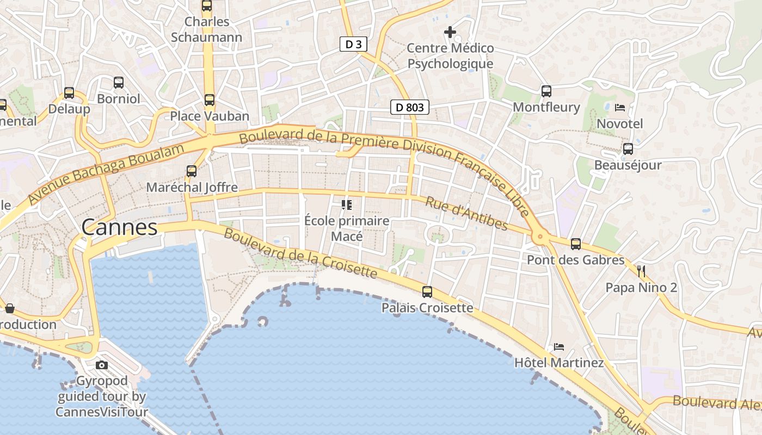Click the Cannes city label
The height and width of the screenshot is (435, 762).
120,227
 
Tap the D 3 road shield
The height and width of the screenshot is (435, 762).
353,45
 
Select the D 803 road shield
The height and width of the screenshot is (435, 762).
410,107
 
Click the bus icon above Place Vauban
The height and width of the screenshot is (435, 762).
210,100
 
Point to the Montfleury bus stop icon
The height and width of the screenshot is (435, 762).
546,91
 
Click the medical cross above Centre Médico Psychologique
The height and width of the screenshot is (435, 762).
450,32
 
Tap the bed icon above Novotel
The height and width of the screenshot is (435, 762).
619,108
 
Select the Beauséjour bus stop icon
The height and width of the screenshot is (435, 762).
628,148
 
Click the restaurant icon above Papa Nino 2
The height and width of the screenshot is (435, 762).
641,270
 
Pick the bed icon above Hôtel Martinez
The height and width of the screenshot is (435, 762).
559,346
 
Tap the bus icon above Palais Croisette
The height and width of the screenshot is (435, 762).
427,291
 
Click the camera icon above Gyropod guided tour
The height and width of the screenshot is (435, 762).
102,365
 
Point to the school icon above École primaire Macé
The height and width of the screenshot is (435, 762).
347,205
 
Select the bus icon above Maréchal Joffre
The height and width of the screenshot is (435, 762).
192,171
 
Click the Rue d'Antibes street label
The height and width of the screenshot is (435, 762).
466,213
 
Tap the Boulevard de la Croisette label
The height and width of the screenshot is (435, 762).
300,252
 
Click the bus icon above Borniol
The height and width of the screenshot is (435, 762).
119,83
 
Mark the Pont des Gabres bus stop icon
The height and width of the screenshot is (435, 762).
576,244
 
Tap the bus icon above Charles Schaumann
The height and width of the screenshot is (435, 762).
207,5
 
